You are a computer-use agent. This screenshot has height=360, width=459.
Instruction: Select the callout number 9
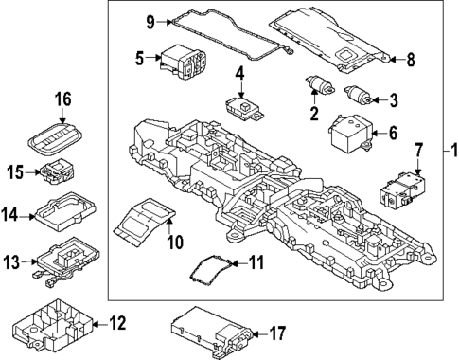click(x=150, y=19)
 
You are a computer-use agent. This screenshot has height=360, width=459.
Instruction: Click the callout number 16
click(x=62, y=98)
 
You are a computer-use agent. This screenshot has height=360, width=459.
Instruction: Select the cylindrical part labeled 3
click(x=357, y=96)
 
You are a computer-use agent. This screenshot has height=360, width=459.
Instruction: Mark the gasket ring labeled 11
click(x=210, y=270)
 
